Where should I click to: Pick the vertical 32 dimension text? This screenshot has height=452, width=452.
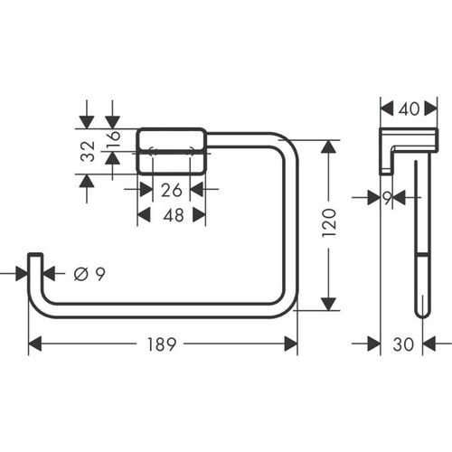(87, 151)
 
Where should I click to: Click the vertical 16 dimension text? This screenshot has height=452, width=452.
(113, 139)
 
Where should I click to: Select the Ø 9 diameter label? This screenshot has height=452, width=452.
(82, 273)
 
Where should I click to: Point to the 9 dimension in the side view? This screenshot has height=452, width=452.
(388, 197)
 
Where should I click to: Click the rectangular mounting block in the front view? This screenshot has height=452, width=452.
(172, 150)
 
